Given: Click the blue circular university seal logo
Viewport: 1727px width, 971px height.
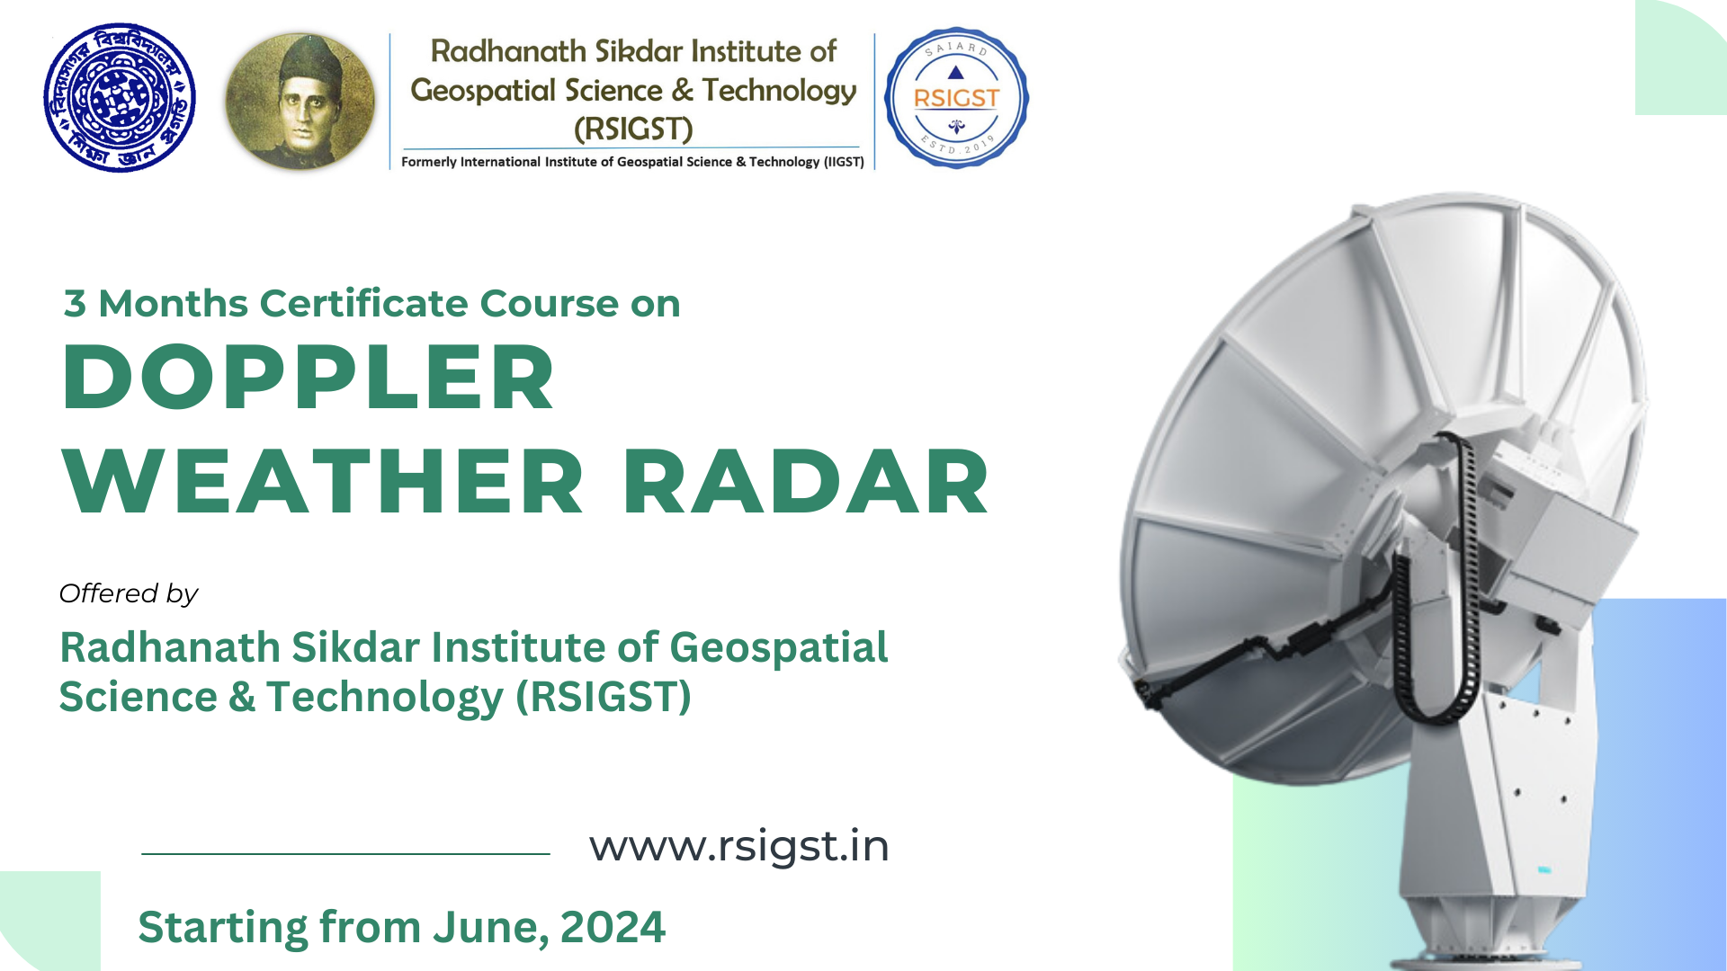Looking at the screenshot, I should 120,98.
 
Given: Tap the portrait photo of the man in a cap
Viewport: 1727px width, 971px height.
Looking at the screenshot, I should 300,102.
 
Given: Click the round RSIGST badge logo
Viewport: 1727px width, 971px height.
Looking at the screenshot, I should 955,98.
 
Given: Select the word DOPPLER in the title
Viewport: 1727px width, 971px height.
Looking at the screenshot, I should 309,378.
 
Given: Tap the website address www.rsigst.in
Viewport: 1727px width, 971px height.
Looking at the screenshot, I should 738,846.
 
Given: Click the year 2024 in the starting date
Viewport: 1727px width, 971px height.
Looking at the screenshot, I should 613,927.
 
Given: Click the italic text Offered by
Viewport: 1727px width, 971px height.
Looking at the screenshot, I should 129,593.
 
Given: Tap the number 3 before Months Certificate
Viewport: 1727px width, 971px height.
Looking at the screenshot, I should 75,304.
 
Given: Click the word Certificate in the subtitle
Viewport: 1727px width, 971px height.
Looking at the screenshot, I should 364,304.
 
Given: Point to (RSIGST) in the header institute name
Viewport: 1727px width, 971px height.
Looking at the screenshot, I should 633,129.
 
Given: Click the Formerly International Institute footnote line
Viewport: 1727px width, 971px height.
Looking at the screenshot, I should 632,162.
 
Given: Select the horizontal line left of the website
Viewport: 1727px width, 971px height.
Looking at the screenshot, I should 345,853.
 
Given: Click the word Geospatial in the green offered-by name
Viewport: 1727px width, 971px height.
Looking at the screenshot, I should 778,647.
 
